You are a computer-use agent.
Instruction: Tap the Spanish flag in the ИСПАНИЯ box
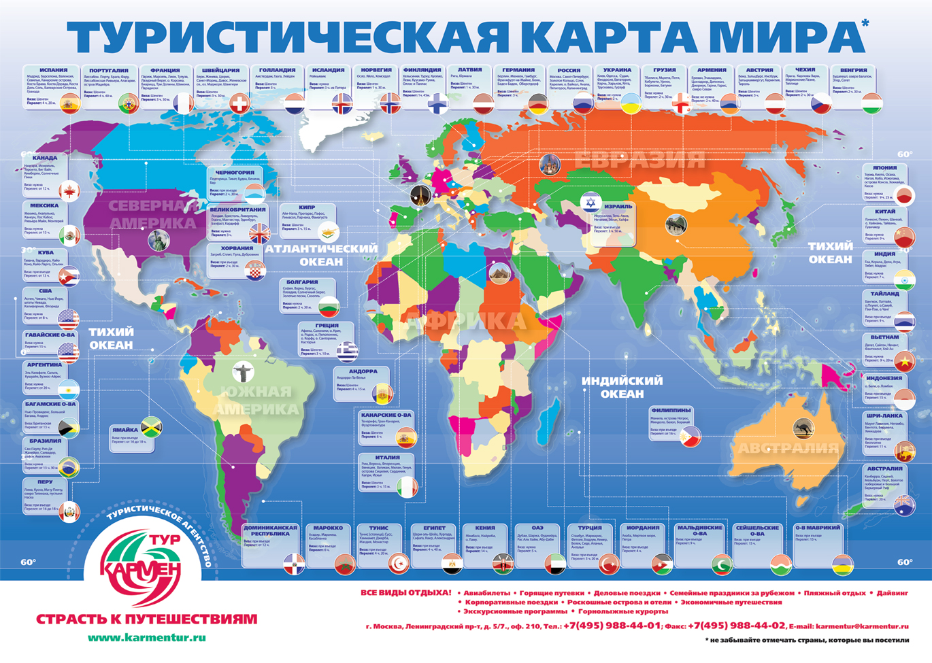point(69,103)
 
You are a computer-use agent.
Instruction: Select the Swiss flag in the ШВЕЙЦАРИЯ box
point(239,103)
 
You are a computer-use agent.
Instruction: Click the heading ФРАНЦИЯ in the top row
point(165,70)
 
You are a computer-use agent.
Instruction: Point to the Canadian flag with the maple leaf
point(69,191)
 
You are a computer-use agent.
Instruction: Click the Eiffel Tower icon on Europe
point(420,195)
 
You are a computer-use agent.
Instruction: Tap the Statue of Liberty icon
point(159,239)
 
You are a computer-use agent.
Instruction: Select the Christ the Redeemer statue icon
point(242,371)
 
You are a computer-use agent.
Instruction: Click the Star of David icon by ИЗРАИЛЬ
point(590,203)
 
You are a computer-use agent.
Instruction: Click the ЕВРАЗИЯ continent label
point(639,160)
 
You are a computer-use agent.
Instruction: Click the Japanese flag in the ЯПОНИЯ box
point(903,196)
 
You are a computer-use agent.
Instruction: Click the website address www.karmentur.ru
point(146,638)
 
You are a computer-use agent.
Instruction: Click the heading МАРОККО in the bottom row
point(328,528)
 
